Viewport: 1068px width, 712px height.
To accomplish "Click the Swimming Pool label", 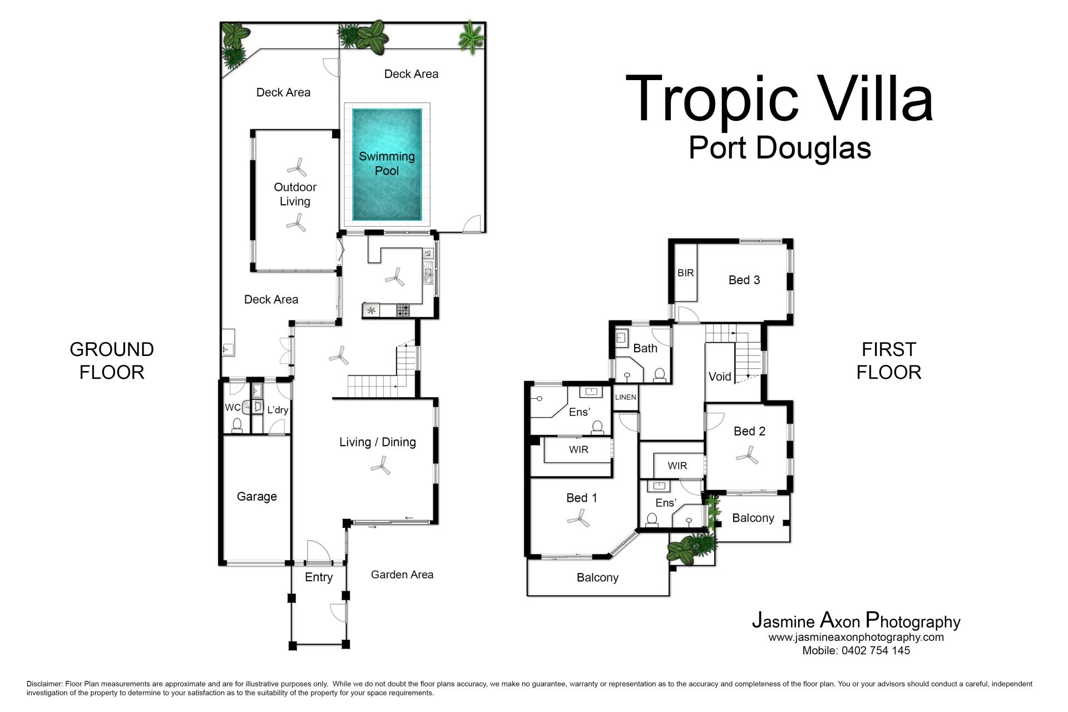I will [387, 164].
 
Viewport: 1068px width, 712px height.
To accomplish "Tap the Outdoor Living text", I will [295, 194].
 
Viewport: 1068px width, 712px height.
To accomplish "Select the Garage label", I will [256, 496].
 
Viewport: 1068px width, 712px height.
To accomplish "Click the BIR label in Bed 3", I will [685, 273].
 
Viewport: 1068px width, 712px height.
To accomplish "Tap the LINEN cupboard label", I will [625, 397].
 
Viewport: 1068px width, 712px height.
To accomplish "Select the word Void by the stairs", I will [719, 377].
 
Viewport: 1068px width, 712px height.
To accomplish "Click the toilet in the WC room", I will [237, 427].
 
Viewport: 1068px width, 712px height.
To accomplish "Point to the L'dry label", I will [278, 410].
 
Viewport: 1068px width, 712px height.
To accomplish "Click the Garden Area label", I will [402, 575].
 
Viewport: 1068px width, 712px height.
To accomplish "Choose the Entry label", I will [319, 577].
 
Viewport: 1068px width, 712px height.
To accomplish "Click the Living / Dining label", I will [377, 442].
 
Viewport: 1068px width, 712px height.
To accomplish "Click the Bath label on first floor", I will [645, 348].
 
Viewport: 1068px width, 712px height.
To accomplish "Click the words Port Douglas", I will [779, 148].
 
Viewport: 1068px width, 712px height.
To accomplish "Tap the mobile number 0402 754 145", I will [876, 650].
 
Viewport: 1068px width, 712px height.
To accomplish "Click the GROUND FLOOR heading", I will [112, 360].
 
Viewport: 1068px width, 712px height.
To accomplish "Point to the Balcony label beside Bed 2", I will [753, 518].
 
